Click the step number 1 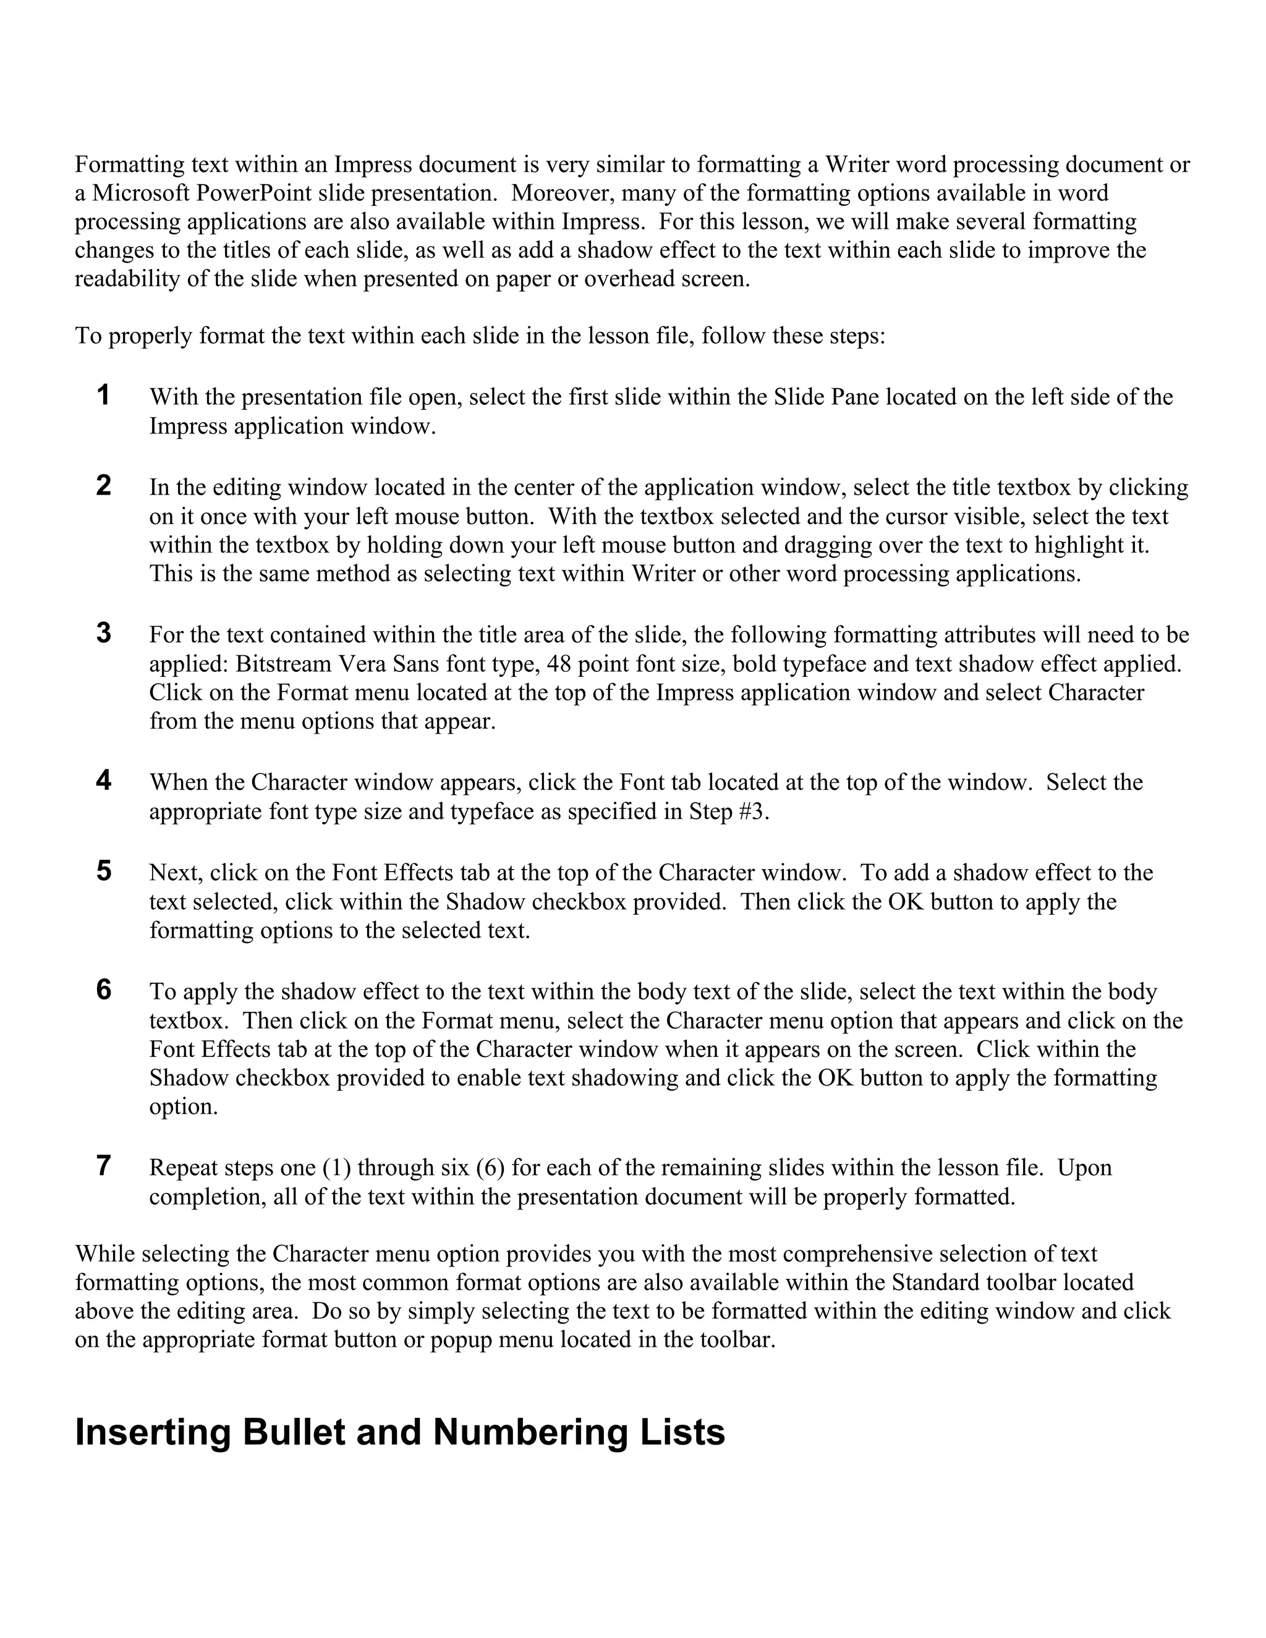(103, 395)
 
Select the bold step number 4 (103, 781)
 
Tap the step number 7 (103, 1166)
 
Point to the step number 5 (103, 871)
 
